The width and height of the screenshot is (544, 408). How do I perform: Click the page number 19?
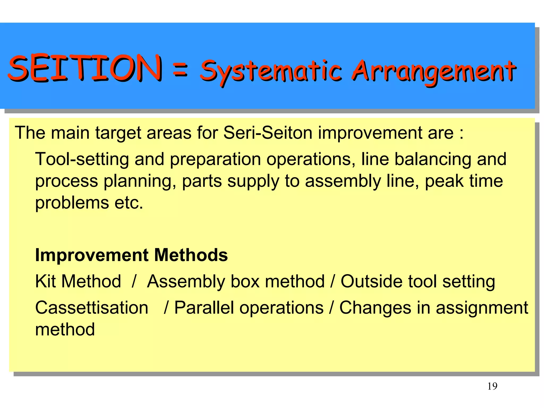492,386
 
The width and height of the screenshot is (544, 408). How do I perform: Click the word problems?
72,203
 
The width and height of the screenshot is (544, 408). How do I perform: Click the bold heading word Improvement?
92,255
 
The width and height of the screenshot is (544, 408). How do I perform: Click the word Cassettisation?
92,308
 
